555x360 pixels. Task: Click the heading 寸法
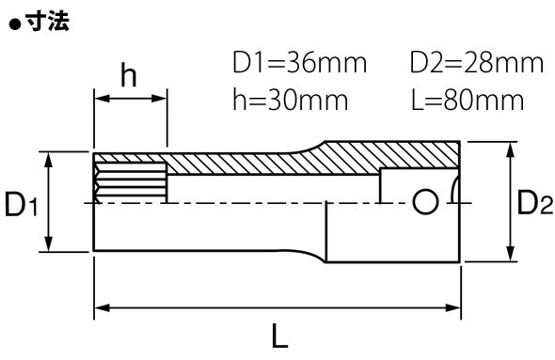tap(47, 22)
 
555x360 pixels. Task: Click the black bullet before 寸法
tap(15, 24)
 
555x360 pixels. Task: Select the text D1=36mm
tap(299, 63)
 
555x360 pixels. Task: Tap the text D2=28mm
tap(476, 63)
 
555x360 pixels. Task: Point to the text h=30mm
tap(291, 100)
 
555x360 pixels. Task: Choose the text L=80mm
tap(468, 100)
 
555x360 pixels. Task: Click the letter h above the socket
tap(129, 74)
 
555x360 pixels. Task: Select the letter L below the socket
tap(280, 336)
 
